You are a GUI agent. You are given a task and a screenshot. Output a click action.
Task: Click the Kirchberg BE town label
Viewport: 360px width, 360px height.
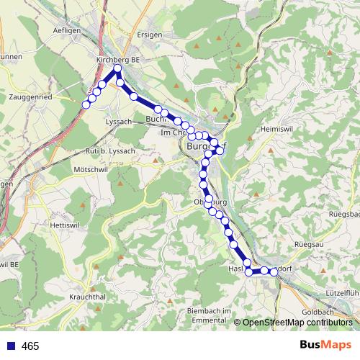[x=117, y=60]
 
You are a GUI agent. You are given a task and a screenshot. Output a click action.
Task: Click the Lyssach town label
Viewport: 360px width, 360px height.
[x=119, y=122]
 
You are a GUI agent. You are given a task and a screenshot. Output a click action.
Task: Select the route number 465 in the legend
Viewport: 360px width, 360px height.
[x=30, y=346]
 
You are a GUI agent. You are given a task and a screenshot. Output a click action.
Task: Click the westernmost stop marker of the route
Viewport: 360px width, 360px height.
[x=86, y=105]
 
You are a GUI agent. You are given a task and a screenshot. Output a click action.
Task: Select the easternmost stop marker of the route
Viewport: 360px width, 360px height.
[x=273, y=271]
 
